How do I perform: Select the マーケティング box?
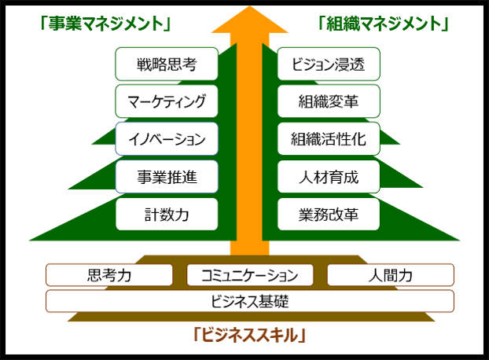pos(166,101)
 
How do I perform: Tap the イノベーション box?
pos(166,139)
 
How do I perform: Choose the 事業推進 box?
pos(166,177)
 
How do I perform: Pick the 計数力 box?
pos(166,214)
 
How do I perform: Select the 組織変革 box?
pos(329,101)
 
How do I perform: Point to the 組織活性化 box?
pos(329,139)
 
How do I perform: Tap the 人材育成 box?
pos(329,177)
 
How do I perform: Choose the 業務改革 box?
pos(329,214)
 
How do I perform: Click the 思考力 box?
pos(109,275)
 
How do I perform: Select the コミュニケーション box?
pos(250,275)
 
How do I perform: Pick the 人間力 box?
pos(390,275)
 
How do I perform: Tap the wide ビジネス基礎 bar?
pos(250,301)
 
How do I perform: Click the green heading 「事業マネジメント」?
pos(106,24)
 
